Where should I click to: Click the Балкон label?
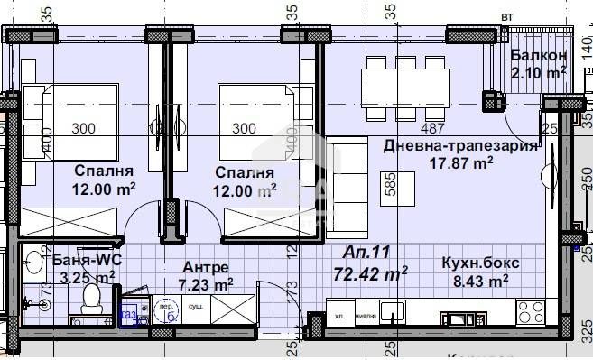click(x=538, y=55)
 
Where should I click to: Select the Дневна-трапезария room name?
click(x=460, y=145)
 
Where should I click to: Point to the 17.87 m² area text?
click(x=460, y=162)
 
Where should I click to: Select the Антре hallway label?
click(x=206, y=267)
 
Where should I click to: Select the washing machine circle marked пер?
click(x=166, y=309)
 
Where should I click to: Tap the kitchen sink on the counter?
click(x=394, y=312)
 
